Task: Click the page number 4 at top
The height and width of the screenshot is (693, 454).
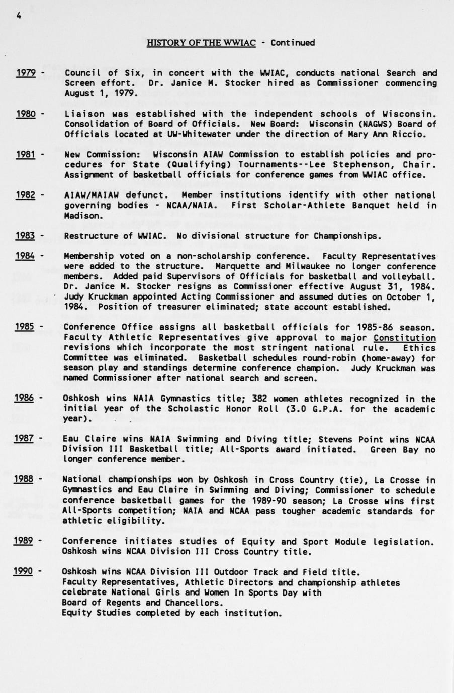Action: tap(19, 15)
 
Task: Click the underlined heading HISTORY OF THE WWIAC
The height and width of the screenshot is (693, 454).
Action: tap(201, 43)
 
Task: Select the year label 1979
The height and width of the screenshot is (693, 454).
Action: tap(25, 73)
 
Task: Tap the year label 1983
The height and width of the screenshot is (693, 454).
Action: tap(25, 236)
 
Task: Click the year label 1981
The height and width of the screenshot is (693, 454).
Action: tap(25, 154)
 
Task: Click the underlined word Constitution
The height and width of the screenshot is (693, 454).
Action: tap(405, 338)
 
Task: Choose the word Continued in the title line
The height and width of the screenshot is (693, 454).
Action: tap(293, 43)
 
